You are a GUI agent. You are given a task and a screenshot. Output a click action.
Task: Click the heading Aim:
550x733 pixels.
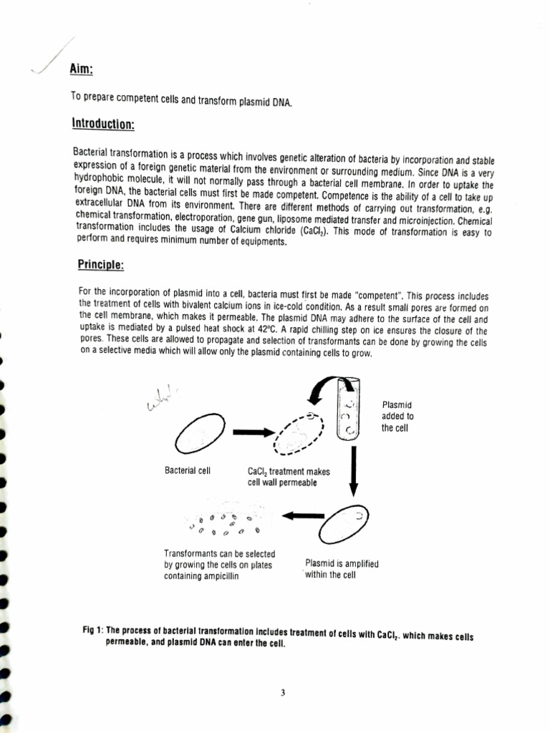tap(82, 69)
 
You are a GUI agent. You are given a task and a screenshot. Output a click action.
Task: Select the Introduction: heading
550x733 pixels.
tap(103, 124)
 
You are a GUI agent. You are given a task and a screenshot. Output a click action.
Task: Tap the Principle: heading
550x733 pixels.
tap(100, 265)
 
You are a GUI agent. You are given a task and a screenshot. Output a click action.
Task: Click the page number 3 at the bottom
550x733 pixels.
tap(283, 692)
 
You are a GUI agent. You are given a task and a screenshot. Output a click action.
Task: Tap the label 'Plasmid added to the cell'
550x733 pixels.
tap(397, 417)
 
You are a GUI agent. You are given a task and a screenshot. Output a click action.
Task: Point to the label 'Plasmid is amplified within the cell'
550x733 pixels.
tap(341, 569)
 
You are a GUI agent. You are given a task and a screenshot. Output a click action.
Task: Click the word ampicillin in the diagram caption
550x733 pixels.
tap(209, 577)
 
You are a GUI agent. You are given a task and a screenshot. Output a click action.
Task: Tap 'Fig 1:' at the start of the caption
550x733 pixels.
tap(93, 631)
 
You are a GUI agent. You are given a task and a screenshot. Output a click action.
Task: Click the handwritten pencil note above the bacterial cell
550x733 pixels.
tap(162, 403)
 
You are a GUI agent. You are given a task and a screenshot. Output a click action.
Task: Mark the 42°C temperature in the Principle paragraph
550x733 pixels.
tap(247, 331)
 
